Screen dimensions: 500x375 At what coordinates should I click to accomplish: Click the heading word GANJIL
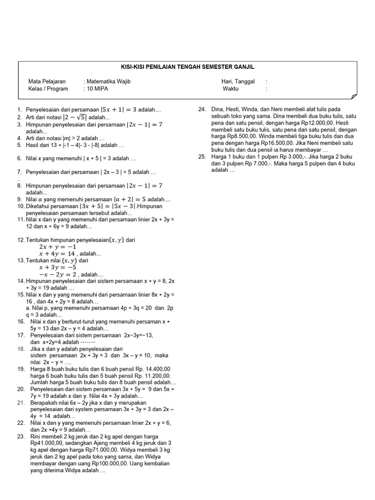[244, 67]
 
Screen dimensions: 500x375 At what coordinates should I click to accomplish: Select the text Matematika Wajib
[108, 82]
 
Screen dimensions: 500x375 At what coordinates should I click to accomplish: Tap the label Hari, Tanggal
[238, 82]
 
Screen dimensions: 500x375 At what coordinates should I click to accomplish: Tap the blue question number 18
[21, 349]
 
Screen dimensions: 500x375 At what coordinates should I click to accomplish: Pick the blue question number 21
[21, 403]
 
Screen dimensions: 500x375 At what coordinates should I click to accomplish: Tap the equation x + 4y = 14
[57, 254]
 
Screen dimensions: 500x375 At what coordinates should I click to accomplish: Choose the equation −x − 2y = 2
[57, 274]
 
